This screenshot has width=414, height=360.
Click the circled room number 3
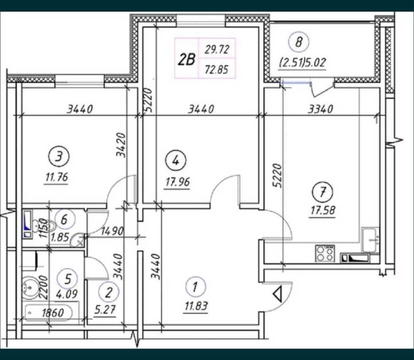tap(59, 157)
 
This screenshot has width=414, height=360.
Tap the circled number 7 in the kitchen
tap(322, 192)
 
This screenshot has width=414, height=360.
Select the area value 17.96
tap(177, 182)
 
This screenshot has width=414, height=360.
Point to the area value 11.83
tap(196, 306)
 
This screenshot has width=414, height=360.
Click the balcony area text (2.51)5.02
tap(303, 63)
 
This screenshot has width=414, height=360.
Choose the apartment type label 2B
tap(187, 59)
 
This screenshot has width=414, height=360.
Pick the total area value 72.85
tap(217, 70)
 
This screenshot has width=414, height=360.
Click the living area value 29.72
tap(217, 50)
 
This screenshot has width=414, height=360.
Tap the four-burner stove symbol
tap(325, 253)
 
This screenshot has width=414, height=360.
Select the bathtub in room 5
tap(49, 313)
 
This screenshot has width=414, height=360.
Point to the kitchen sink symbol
tap(370, 240)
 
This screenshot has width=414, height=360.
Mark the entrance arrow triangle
tap(278, 294)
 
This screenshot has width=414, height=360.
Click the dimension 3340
tap(321, 109)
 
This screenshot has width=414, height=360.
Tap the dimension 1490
tap(112, 232)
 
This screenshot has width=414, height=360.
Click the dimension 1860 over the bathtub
tap(53, 313)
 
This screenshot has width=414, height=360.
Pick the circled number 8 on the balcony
tap(299, 42)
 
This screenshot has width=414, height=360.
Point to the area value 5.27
tap(105, 309)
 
